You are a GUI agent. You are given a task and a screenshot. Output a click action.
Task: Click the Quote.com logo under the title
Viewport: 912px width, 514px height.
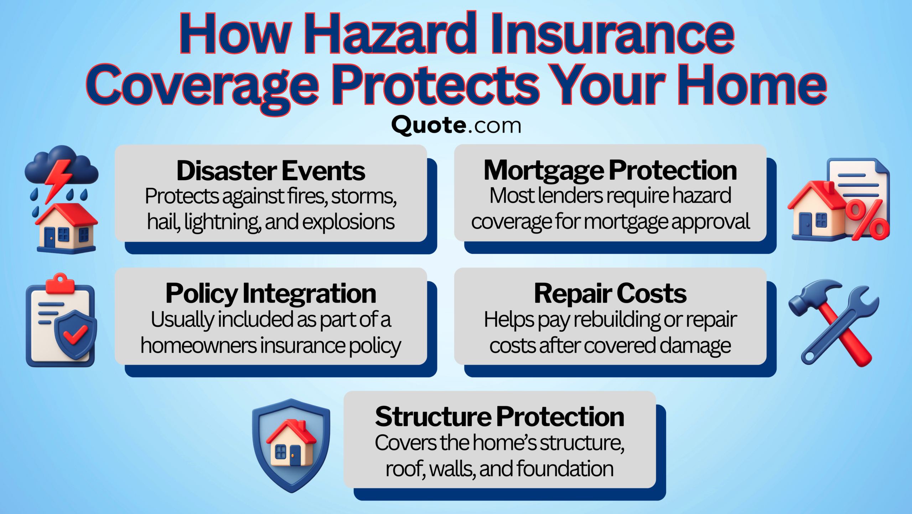tap(456, 126)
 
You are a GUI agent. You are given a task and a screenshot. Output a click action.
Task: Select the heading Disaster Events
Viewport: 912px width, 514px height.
tap(271, 171)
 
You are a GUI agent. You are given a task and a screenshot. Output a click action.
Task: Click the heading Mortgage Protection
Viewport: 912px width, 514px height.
tap(610, 171)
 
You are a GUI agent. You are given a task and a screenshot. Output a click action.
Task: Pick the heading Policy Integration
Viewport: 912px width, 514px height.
tap(271, 294)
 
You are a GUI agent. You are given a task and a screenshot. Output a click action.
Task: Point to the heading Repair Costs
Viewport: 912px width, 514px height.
tap(610, 294)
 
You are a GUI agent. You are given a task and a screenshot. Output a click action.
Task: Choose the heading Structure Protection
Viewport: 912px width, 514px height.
tap(499, 417)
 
